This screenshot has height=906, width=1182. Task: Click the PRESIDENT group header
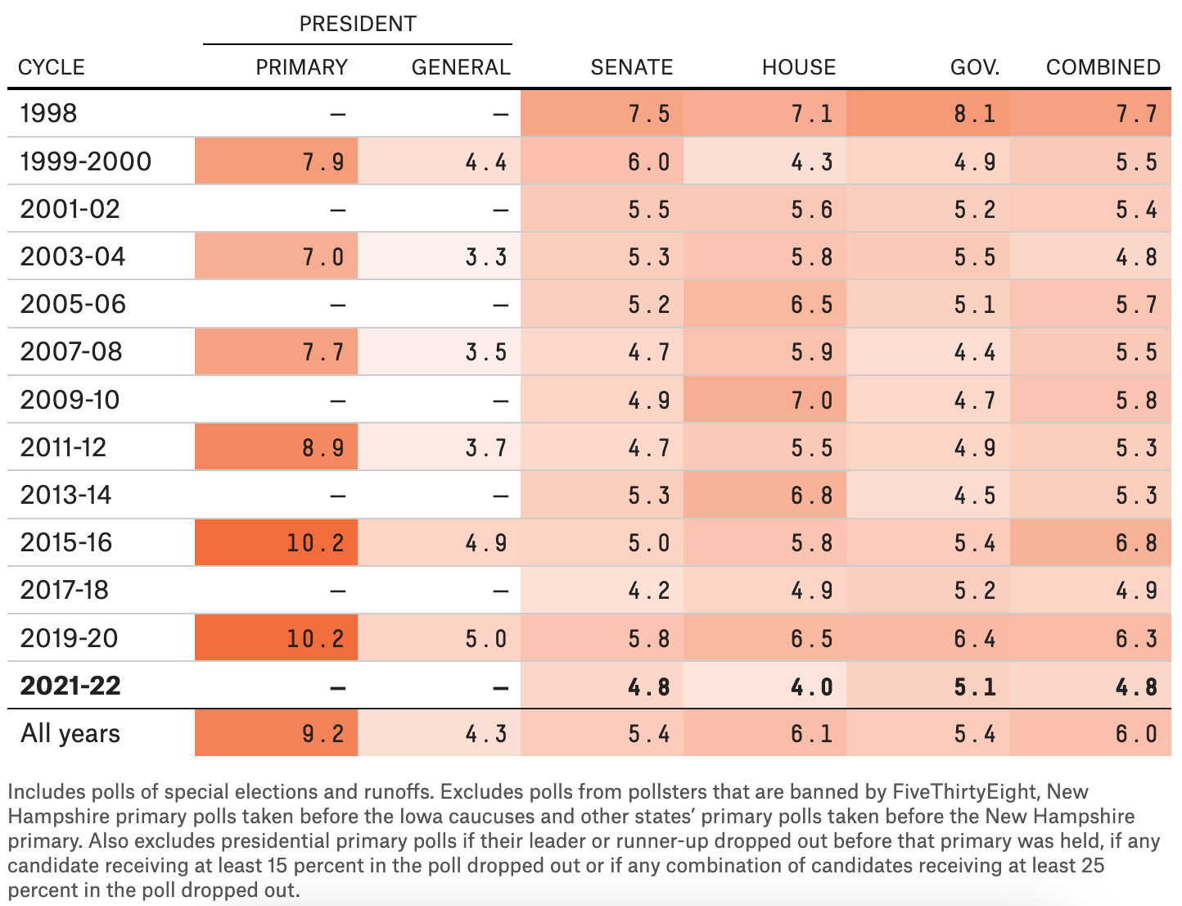tap(358, 24)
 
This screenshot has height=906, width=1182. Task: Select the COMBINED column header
tap(1103, 67)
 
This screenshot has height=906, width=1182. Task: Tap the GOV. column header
tap(974, 67)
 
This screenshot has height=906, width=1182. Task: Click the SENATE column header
tap(631, 67)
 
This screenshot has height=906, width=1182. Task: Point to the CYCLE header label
tap(52, 67)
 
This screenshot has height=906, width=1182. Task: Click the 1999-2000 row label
tap(86, 161)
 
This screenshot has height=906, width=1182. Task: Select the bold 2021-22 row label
tap(70, 685)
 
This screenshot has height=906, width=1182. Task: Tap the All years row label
tap(70, 733)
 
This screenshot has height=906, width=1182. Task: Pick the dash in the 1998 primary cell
tap(337, 114)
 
